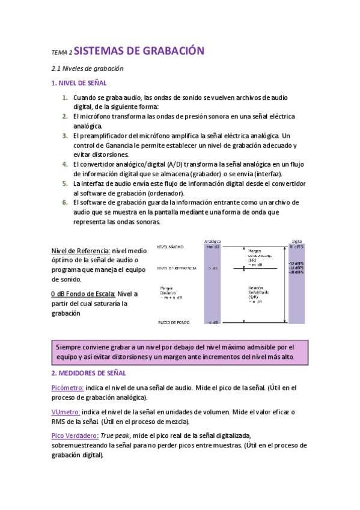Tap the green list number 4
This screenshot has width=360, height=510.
point(64,164)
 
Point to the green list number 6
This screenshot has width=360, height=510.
point(64,203)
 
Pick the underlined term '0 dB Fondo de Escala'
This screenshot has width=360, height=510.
point(83,293)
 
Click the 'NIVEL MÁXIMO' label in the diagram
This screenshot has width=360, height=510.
point(171,247)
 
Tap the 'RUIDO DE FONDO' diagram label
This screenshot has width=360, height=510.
point(173,322)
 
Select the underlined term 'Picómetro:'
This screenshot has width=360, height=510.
point(67,389)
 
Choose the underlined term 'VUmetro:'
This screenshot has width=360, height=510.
point(66,411)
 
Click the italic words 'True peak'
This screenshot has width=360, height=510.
point(115,435)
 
